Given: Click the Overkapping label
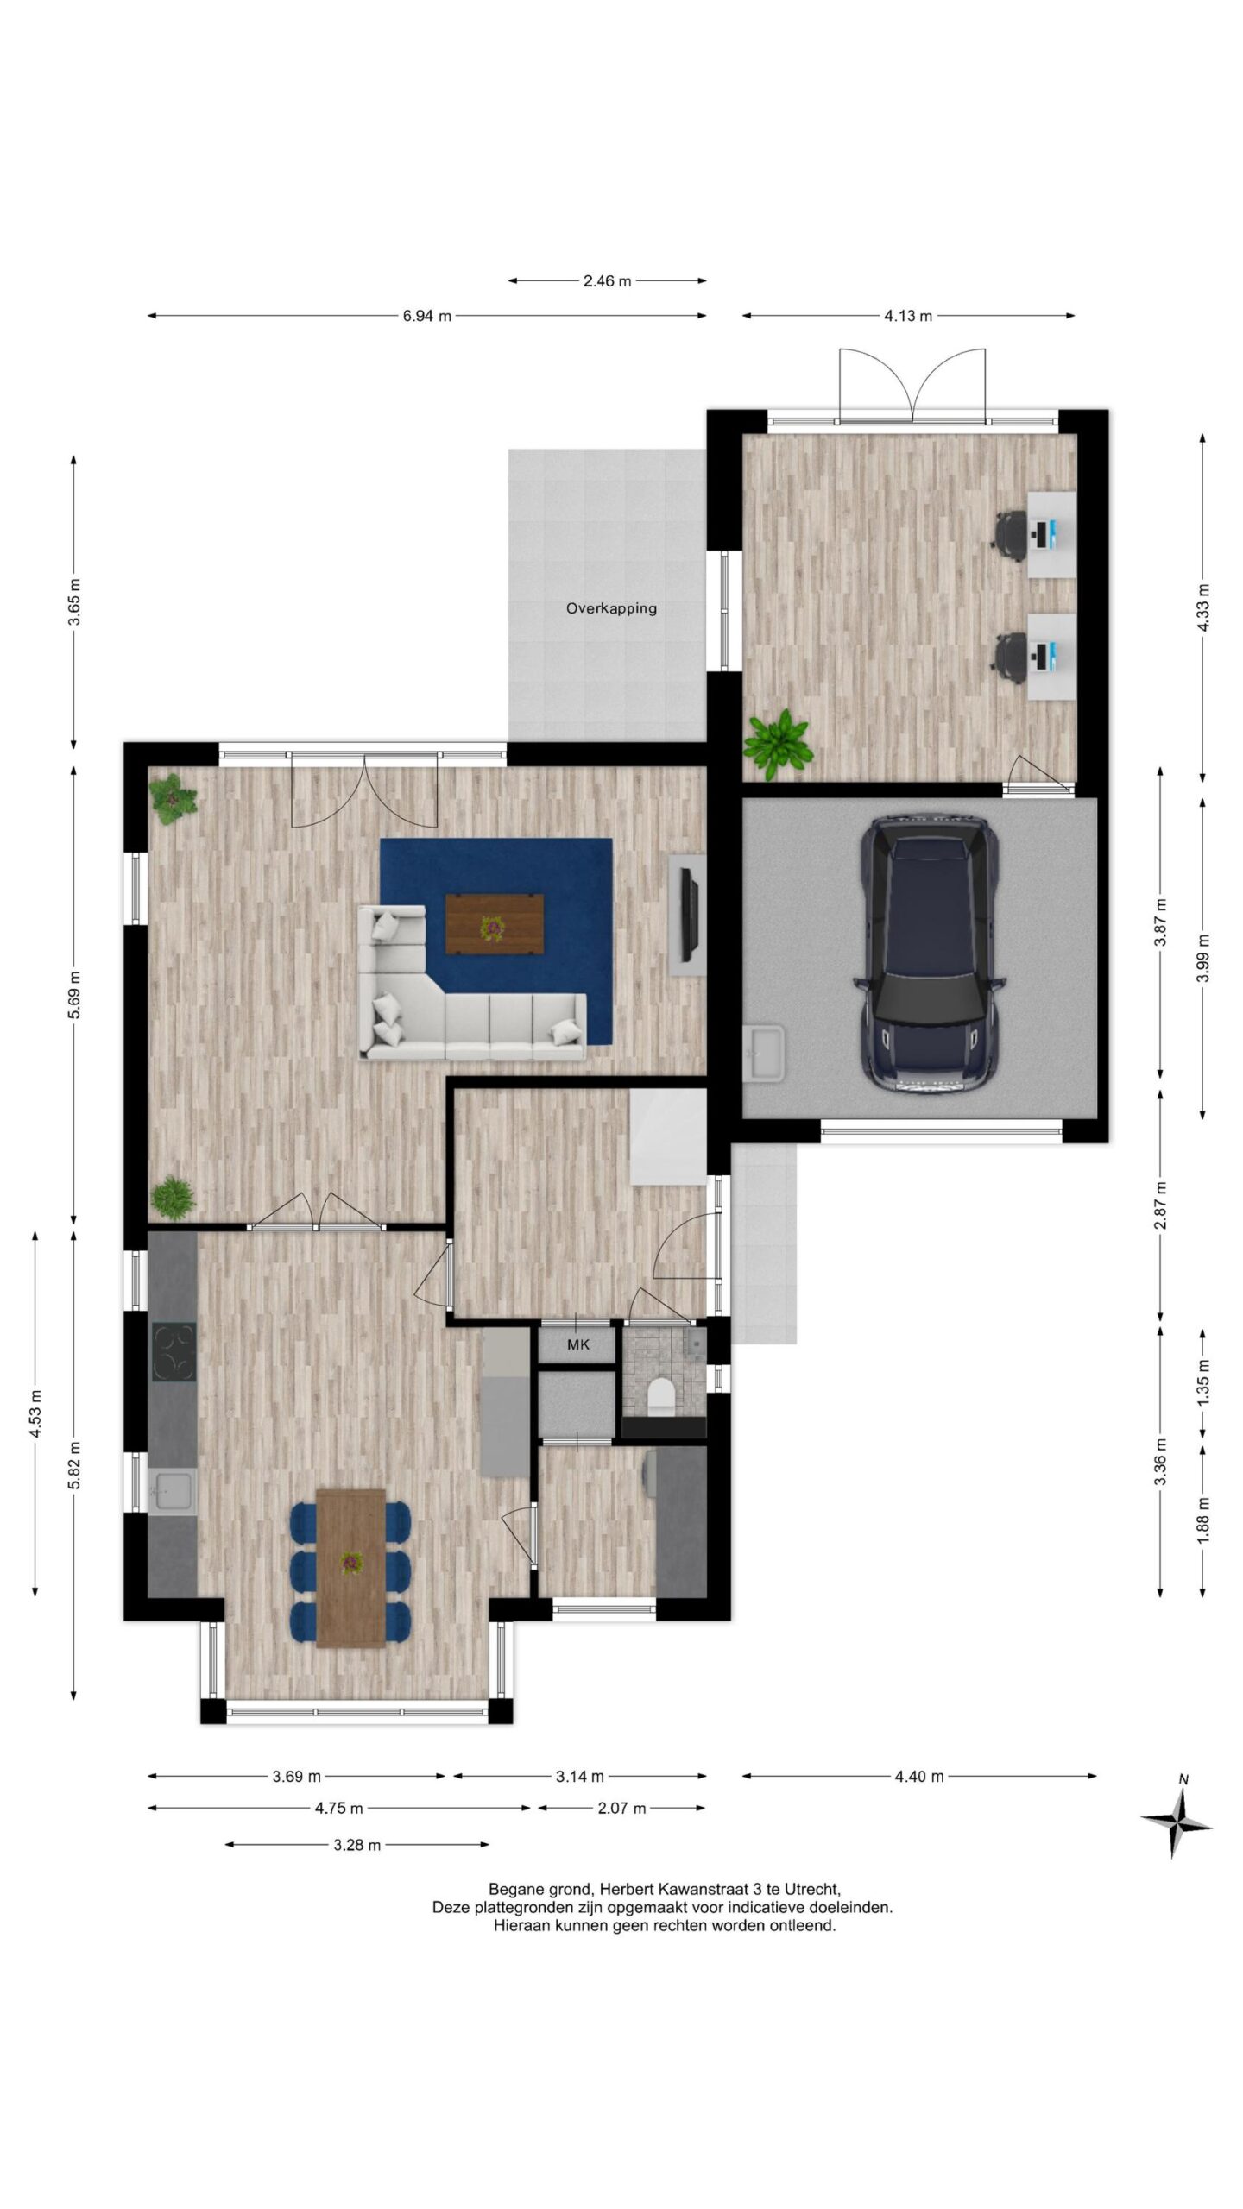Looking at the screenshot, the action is (611, 608).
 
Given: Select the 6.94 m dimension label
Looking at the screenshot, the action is (426, 316).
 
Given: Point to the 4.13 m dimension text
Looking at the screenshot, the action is (908, 316).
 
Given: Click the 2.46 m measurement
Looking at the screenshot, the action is (607, 280).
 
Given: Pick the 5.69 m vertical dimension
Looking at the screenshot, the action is (75, 995).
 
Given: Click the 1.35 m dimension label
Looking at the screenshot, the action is (1203, 1381).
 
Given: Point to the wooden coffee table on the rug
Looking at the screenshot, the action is (495, 923).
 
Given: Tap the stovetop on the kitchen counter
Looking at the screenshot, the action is (174, 1352).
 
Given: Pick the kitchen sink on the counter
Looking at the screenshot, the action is (172, 1491).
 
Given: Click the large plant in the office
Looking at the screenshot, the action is (779, 740).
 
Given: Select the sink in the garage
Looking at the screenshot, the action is (764, 1052).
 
